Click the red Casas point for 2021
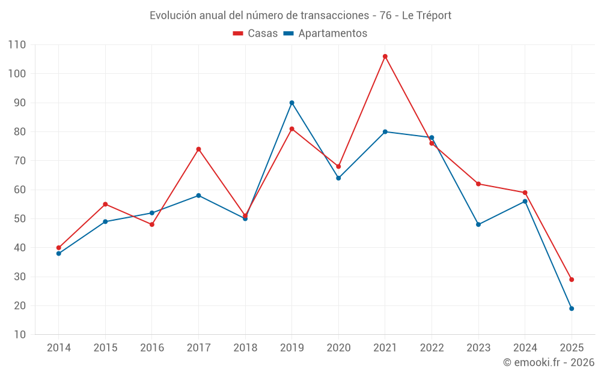[x=385, y=56]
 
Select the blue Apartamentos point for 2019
[x=292, y=103]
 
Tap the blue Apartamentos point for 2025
[x=572, y=308]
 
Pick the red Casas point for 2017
[x=198, y=149]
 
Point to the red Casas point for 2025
[x=572, y=280]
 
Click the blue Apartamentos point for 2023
[x=478, y=224]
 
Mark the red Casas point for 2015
[x=105, y=204]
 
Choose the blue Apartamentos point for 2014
[x=59, y=253]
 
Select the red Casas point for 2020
[x=338, y=167]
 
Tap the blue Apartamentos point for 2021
[x=385, y=132]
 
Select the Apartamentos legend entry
[x=325, y=34]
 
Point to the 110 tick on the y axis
[x=17, y=45]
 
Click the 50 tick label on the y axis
[x=19, y=219]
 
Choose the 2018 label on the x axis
[x=245, y=348]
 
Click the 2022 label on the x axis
[x=432, y=348]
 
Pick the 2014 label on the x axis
[x=59, y=348]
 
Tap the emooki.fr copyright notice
[x=548, y=362]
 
